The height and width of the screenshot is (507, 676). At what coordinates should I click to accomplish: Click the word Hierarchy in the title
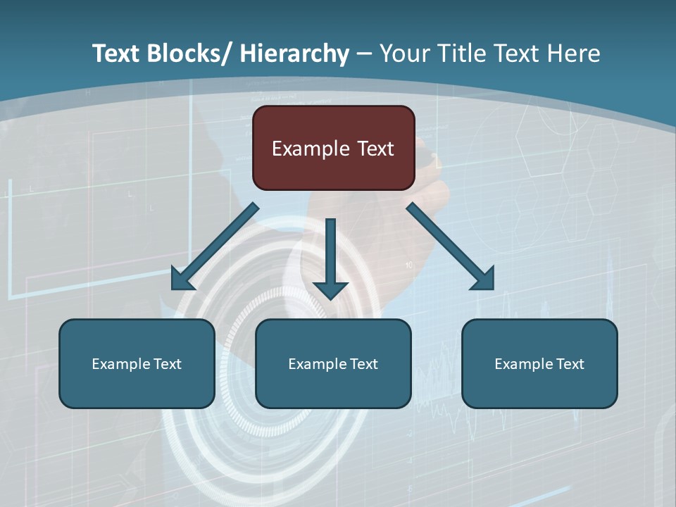[x=294, y=54]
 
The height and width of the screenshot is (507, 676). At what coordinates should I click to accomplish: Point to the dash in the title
[x=364, y=54]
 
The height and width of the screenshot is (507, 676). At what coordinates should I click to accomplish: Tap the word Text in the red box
[x=375, y=149]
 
